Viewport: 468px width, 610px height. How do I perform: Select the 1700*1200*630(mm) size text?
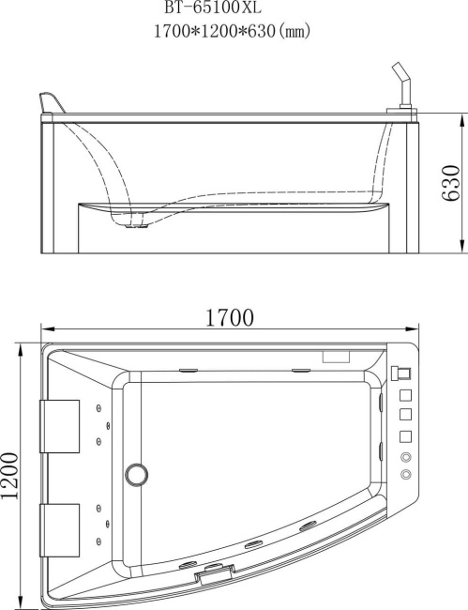[x=232, y=31]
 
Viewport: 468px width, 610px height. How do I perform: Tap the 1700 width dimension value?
[x=230, y=317]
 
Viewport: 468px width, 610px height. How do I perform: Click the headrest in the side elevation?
[x=52, y=103]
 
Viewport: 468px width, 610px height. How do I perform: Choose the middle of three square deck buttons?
[x=406, y=414]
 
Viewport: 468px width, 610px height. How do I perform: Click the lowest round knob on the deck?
[x=406, y=475]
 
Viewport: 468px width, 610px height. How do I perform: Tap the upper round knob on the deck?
[x=406, y=456]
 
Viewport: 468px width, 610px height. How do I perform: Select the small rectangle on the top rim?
[x=335, y=357]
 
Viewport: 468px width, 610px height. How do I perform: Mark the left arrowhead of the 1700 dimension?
[x=43, y=328]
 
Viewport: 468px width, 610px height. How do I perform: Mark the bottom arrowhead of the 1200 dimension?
[x=22, y=600]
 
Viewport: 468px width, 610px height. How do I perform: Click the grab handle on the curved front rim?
[x=215, y=569]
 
